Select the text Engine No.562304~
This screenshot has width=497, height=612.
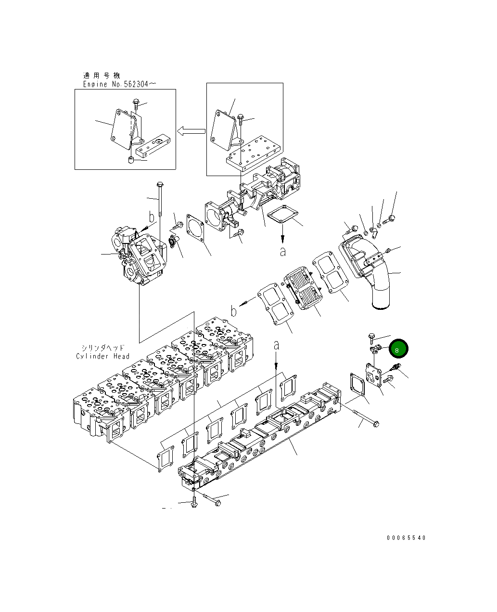tap(119, 84)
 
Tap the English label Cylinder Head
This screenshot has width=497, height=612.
tap(102, 356)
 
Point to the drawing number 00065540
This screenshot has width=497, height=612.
tap(406, 538)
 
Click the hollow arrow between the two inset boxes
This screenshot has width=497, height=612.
tap(191, 131)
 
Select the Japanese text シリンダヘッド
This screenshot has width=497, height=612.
tap(102, 347)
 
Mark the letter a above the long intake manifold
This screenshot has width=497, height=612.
tap(276, 345)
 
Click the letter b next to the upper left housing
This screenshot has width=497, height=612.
tap(152, 217)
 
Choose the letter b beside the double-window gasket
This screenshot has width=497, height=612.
tap(234, 311)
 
